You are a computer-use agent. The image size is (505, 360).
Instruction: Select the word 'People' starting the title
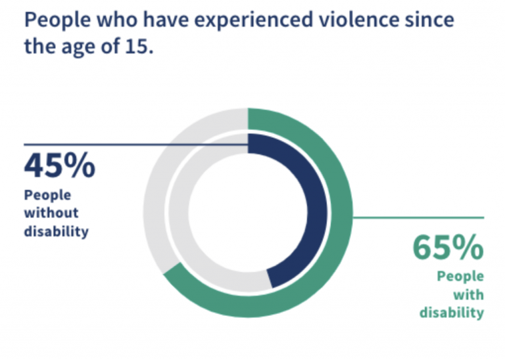pos(55,20)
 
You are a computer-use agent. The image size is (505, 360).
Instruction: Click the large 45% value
pos(60,166)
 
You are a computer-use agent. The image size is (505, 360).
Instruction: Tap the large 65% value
pos(448,248)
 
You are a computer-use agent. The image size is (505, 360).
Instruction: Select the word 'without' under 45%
pos(51,213)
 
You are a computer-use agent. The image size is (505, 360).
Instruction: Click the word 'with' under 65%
pos(469,294)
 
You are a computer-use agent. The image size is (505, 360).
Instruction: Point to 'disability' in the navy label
pos(56,231)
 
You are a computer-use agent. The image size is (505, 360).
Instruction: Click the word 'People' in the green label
pos(460,276)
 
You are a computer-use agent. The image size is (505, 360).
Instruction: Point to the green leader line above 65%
pos(421,217)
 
